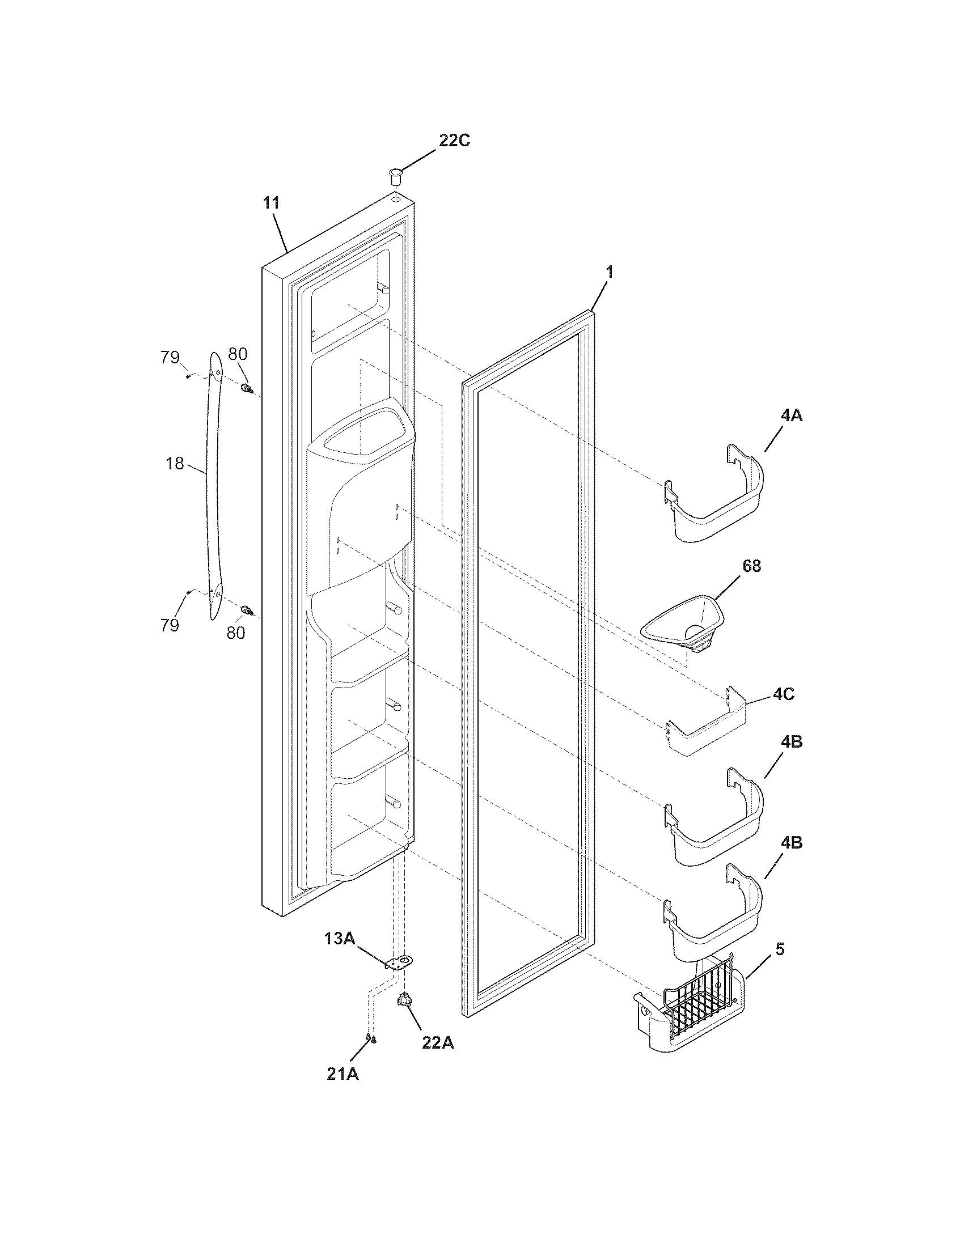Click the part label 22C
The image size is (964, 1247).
pyautogui.click(x=454, y=141)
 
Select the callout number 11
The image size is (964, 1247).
pyautogui.click(x=271, y=203)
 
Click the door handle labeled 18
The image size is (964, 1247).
pyautogui.click(x=214, y=485)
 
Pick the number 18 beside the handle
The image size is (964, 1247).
pyautogui.click(x=175, y=463)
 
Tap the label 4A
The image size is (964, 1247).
pyautogui.click(x=791, y=415)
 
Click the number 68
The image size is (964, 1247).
pyautogui.click(x=751, y=566)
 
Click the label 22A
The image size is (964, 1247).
pyautogui.click(x=438, y=1043)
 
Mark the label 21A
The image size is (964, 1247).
pyautogui.click(x=343, y=1074)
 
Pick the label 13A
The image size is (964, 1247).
pyautogui.click(x=340, y=938)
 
